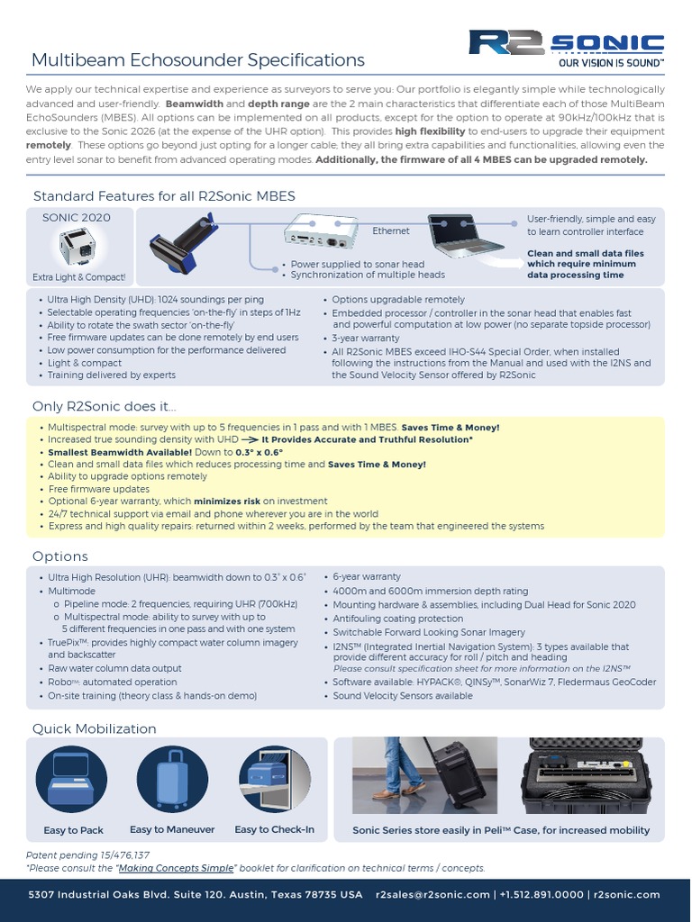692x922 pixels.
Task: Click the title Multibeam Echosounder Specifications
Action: [x=198, y=60]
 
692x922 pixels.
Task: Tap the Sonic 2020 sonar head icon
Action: [x=77, y=246]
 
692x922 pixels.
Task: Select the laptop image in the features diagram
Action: [x=465, y=234]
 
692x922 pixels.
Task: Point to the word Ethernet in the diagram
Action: [x=391, y=231]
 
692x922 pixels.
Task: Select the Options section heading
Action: [x=60, y=556]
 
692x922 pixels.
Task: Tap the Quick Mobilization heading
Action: [x=95, y=728]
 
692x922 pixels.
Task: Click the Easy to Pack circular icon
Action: [x=73, y=781]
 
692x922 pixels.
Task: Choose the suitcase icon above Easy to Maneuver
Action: [x=172, y=781]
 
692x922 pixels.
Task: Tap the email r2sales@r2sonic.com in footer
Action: [x=432, y=895]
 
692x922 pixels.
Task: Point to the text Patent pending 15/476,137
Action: [x=87, y=854]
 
